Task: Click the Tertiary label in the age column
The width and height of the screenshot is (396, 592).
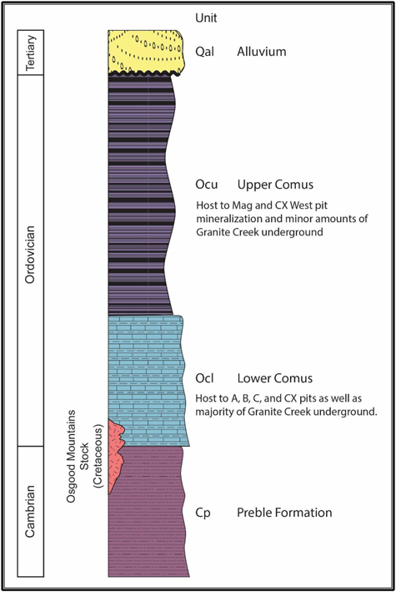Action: point(31,53)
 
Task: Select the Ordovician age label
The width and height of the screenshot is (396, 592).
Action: point(30,255)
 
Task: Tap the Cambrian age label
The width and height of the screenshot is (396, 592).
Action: point(30,511)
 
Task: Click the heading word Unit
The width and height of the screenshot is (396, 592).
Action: point(206,18)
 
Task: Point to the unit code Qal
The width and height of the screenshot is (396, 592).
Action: point(204,52)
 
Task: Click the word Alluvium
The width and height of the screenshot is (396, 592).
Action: point(262,51)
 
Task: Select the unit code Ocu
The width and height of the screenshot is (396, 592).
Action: point(206,185)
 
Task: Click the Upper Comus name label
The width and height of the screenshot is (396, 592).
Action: point(275,185)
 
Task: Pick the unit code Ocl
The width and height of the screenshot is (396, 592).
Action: point(204,378)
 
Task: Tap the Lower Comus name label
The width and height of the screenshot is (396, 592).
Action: point(275,378)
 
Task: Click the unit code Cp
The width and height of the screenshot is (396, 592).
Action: point(203,513)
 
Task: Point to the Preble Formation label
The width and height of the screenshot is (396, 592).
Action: point(284,513)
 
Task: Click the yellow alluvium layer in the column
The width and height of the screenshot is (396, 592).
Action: point(146,52)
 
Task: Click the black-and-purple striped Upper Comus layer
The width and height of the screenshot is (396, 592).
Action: point(139,195)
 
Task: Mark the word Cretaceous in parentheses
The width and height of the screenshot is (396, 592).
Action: point(98,456)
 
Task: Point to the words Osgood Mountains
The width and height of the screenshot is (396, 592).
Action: point(71,457)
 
